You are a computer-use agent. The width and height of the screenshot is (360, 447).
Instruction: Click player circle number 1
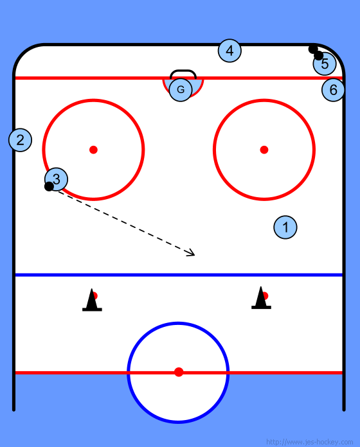285,227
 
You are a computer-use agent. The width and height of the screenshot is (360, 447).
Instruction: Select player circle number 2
21,140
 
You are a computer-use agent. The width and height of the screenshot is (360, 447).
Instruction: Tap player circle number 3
57,179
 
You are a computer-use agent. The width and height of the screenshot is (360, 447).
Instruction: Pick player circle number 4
230,51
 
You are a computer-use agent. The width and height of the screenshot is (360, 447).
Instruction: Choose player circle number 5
325,64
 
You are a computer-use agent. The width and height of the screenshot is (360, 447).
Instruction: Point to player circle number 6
333,90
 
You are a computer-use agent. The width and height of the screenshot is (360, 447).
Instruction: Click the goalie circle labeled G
181,90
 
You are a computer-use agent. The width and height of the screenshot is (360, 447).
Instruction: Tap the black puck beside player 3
49,186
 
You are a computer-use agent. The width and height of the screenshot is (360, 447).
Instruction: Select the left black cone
92,301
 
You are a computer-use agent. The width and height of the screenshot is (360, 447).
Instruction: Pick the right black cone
261,299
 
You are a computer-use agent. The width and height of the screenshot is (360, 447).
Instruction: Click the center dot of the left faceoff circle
94,150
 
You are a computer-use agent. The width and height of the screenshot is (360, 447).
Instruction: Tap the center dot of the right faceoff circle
264,150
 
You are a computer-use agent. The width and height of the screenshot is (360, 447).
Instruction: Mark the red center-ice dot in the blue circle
179,372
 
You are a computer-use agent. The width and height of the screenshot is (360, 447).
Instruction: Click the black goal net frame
183,71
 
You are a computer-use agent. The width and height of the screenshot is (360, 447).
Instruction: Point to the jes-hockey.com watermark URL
309,442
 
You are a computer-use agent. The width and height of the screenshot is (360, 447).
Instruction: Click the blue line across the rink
179,275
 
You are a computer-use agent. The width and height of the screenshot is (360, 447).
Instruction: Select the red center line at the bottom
179,372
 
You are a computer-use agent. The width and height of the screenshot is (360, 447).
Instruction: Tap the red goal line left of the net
89,78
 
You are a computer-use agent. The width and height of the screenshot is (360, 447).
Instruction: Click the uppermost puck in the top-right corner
313,49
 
